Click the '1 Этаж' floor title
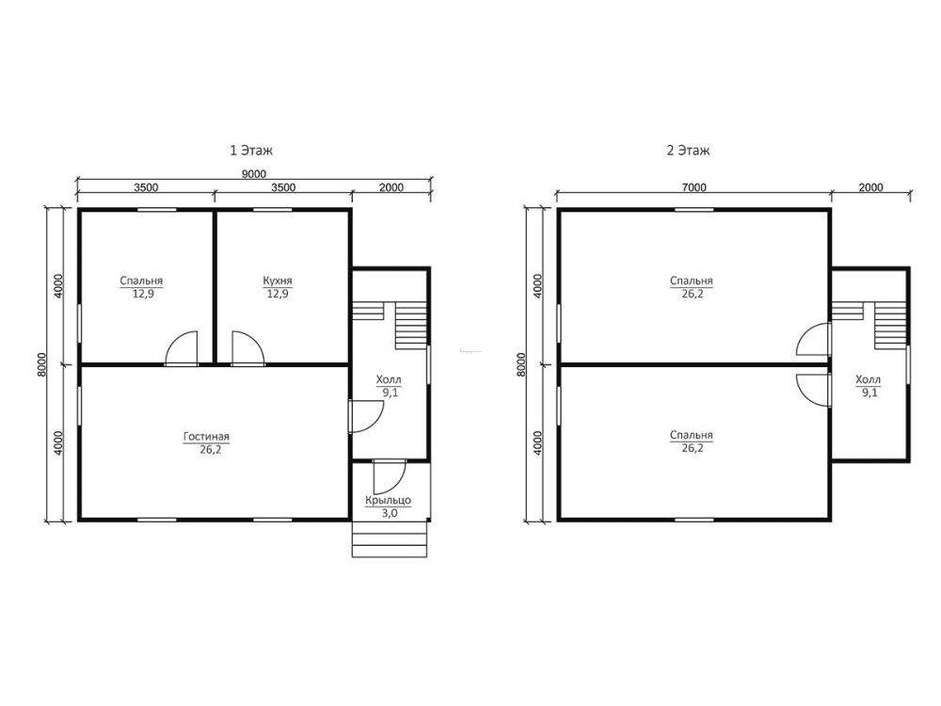[251, 150]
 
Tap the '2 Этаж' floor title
[689, 150]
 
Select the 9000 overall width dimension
[254, 174]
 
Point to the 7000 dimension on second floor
[694, 187]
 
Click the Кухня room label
[278, 281]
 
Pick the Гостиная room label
[206, 437]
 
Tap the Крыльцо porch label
[389, 500]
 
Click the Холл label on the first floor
[389, 380]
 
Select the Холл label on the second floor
[868, 380]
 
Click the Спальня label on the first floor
[141, 281]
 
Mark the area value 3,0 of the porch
[390, 514]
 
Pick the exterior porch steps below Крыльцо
[390, 539]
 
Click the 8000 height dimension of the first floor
[41, 363]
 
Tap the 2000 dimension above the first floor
[391, 187]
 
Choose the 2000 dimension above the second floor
[870, 187]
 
